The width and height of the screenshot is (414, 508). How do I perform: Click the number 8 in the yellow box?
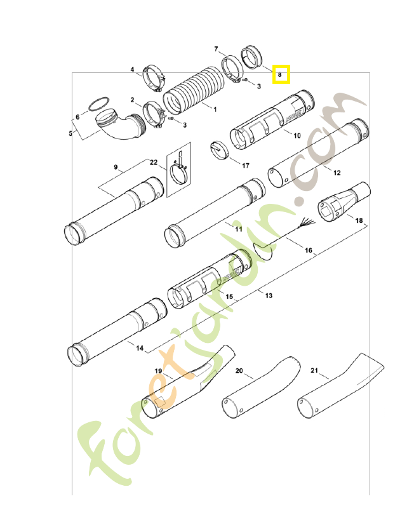click(280, 74)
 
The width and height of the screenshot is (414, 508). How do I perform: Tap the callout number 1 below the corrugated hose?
click(215, 109)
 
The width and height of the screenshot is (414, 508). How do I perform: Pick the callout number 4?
click(132, 69)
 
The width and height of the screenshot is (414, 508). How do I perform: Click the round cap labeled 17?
click(219, 149)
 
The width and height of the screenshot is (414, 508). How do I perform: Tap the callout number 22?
click(153, 163)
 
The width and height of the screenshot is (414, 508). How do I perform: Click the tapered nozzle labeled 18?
click(342, 201)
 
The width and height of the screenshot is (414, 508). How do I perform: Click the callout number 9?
click(116, 167)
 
